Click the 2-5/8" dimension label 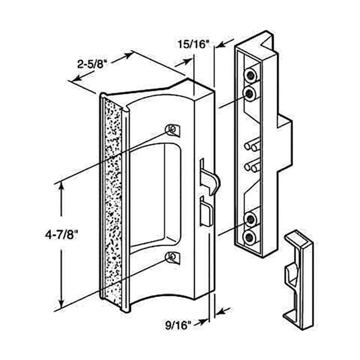coord(92,64)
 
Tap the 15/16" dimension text coord(192,44)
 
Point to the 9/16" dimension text coord(178,325)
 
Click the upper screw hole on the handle coord(173,130)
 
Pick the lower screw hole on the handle coord(173,257)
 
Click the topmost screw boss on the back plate coord(251,74)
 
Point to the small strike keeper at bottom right coord(298,279)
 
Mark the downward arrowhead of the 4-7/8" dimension coord(61,303)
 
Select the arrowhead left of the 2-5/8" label coord(77,78)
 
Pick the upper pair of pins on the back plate coord(252,144)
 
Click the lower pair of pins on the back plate coord(252,165)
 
